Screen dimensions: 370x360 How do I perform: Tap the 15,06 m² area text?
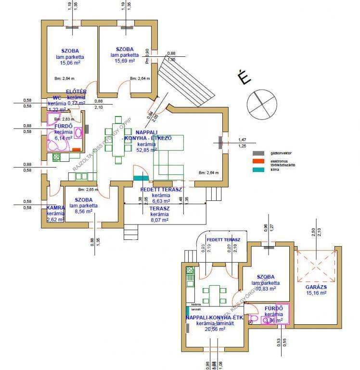tap(70, 62)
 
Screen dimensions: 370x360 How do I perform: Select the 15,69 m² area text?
tap(125, 60)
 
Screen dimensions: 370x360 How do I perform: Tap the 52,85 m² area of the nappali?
tap(147, 150)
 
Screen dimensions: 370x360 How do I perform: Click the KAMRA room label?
tap(55, 208)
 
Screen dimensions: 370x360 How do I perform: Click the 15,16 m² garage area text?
tap(316, 292)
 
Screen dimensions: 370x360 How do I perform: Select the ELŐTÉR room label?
tap(76, 92)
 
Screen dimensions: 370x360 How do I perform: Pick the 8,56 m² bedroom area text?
tap(84, 211)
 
